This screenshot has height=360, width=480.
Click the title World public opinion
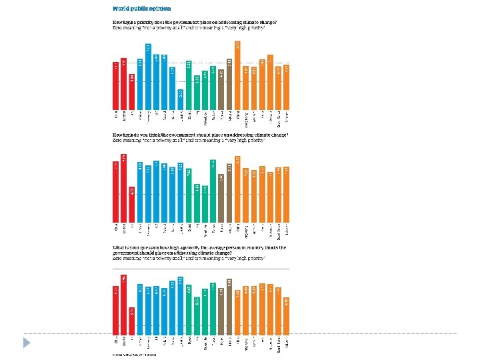tap(141, 9)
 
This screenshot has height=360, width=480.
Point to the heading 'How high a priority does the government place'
tap(193, 23)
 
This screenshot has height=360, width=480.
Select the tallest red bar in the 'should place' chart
tap(123, 187)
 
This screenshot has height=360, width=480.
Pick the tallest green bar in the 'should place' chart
tap(213, 191)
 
